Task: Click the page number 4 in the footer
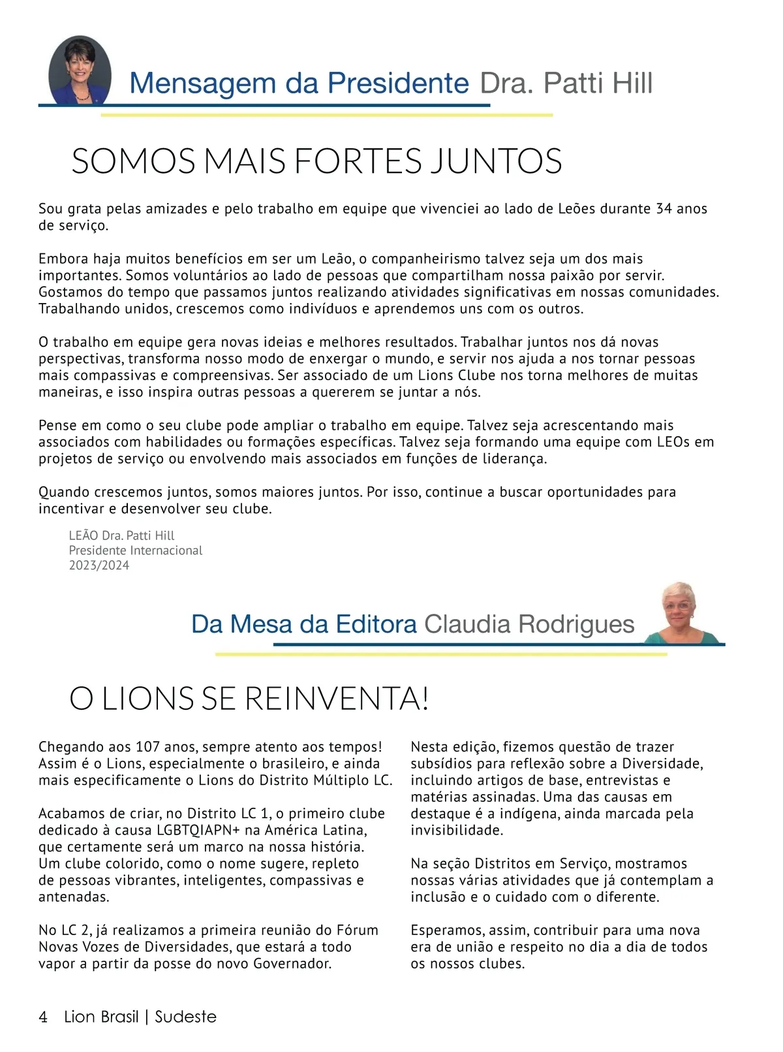click(x=43, y=1017)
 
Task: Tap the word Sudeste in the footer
click(x=185, y=1017)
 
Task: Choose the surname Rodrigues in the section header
click(x=576, y=625)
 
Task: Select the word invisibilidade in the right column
click(x=457, y=831)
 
